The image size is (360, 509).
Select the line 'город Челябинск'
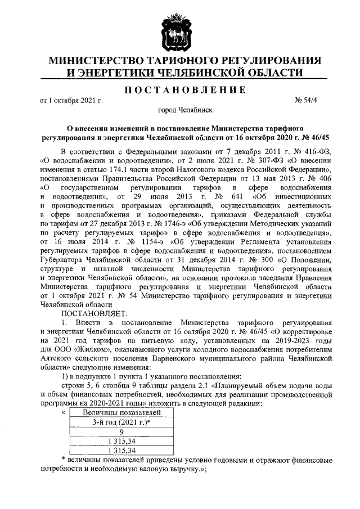(179, 111)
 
